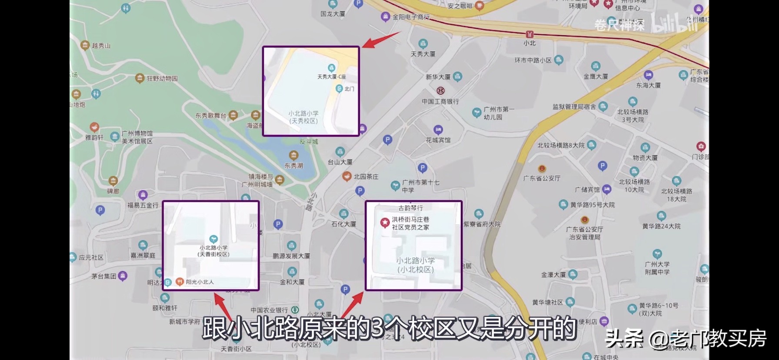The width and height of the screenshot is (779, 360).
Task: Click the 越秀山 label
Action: point(101,45)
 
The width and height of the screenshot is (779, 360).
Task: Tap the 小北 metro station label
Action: point(529,43)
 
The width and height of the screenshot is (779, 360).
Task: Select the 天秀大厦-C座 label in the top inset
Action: point(331,77)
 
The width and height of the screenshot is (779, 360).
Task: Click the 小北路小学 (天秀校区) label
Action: point(303,117)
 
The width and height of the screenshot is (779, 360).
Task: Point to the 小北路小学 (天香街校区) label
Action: point(213,251)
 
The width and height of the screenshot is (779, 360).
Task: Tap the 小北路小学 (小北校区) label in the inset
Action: point(415,265)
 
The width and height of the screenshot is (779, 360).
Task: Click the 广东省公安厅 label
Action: point(542,178)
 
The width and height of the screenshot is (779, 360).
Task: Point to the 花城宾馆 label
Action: point(438,140)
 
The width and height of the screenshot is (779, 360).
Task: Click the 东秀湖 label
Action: point(294,166)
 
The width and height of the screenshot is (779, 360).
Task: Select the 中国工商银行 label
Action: point(440,101)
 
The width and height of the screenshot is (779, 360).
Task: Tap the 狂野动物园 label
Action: point(162,79)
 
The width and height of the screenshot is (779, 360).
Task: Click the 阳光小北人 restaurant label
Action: point(200,282)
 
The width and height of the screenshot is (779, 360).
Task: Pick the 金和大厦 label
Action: point(292,282)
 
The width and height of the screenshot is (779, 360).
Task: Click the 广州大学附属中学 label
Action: point(657,268)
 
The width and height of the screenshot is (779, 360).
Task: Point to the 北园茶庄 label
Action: point(366,177)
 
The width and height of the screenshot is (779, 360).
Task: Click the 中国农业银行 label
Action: point(269,310)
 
